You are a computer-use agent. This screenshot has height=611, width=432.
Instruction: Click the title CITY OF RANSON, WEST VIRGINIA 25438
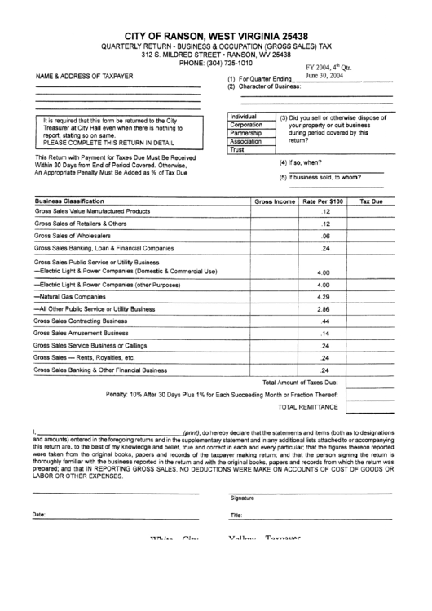[x=216, y=38]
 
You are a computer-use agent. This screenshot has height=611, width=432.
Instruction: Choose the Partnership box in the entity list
[x=246, y=133]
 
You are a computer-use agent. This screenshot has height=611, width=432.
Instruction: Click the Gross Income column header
[x=275, y=201]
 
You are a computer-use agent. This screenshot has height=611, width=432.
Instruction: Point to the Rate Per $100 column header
[x=324, y=201]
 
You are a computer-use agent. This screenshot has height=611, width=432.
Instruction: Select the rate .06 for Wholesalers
[x=324, y=235]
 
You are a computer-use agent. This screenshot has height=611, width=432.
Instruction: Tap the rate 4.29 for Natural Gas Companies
[x=323, y=297]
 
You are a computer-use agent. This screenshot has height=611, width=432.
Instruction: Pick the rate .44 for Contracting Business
[x=324, y=321]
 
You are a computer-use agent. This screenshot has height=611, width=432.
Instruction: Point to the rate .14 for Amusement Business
[x=324, y=334]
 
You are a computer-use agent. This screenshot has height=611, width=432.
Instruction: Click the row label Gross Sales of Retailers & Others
[x=80, y=223]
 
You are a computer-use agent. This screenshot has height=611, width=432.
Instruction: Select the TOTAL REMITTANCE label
[x=307, y=405]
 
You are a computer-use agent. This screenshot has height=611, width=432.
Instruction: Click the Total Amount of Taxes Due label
[x=299, y=382]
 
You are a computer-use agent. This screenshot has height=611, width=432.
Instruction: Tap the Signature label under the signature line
[x=242, y=498]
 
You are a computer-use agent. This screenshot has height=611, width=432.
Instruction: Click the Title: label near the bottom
[x=236, y=516]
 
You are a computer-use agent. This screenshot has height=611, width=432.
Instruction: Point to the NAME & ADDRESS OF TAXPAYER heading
[x=83, y=75]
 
